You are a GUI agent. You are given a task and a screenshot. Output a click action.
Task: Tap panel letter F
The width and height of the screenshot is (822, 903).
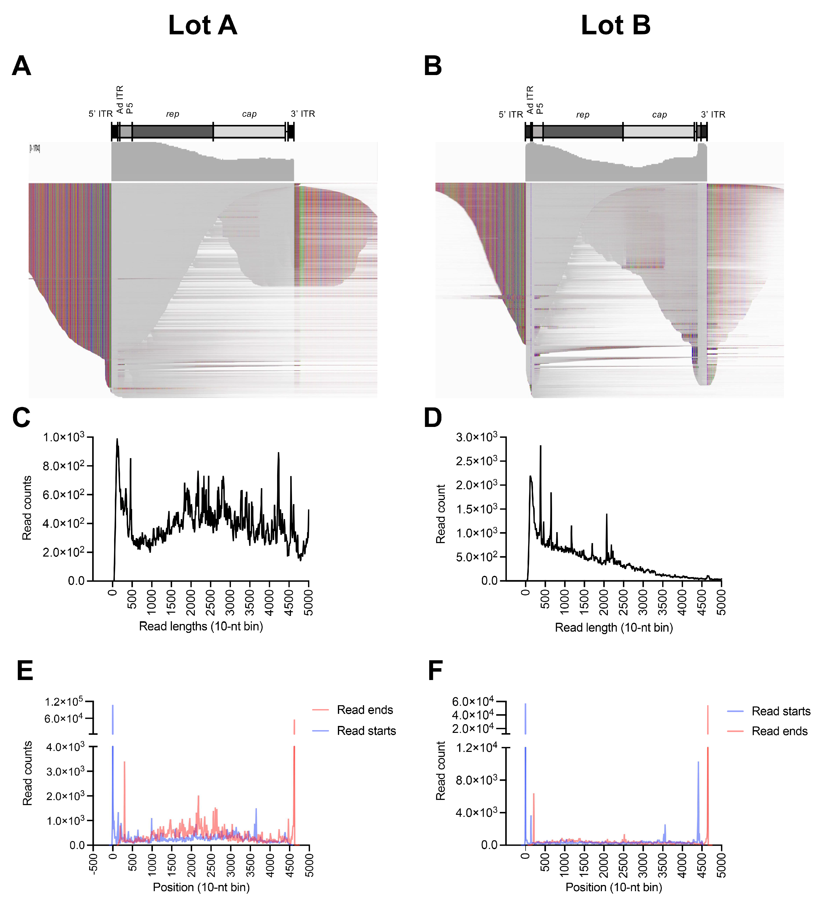coord(435,671)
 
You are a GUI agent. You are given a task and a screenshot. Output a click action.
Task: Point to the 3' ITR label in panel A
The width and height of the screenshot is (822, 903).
coord(303,114)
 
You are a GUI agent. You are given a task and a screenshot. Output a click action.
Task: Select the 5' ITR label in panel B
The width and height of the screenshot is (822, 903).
coord(511,115)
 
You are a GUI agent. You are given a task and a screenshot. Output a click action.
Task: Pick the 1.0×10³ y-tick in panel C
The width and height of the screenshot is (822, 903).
coord(64,437)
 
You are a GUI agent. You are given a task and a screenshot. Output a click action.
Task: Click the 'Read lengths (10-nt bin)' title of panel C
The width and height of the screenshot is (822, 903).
coord(201,626)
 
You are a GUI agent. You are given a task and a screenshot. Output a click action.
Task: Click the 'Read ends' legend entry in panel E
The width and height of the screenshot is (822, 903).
coord(365,710)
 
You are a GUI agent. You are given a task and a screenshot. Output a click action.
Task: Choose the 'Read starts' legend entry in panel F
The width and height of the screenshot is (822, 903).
coord(781,711)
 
